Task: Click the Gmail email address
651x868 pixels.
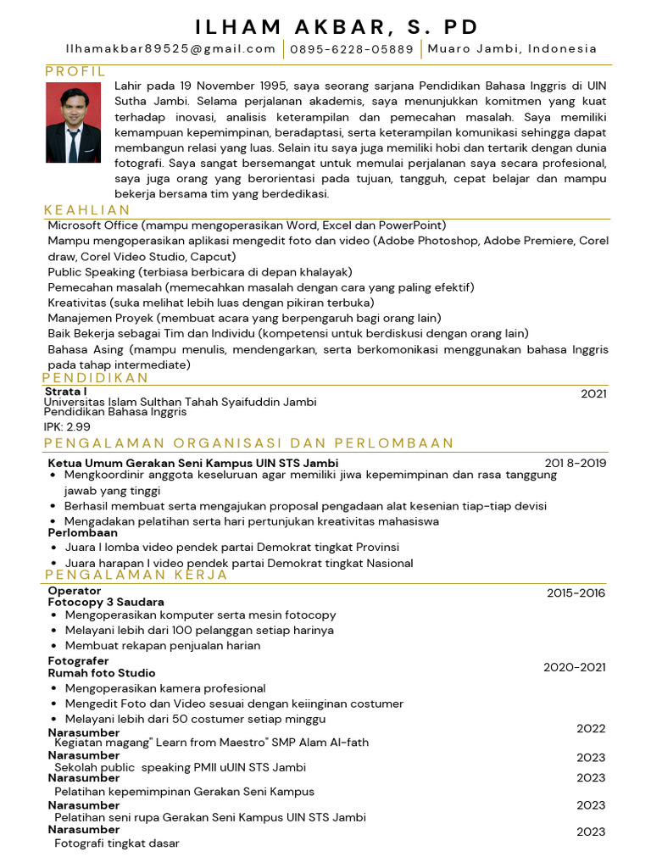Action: point(171,49)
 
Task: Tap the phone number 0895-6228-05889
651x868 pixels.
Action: point(352,49)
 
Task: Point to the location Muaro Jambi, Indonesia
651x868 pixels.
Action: point(512,48)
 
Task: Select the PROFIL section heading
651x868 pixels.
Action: point(75,71)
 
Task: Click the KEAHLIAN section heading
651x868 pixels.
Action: point(87,210)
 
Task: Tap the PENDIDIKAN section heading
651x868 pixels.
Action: point(96,378)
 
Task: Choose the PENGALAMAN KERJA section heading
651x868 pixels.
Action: point(136,576)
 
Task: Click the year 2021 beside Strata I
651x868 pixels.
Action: point(593,393)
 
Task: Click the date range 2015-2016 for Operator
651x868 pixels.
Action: point(576,593)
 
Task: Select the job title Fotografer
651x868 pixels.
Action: point(78,660)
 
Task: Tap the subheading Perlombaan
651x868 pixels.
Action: point(82,532)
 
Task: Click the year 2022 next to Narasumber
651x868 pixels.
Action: point(591,728)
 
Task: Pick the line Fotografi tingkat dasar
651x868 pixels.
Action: point(116,843)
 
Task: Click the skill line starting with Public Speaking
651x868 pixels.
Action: point(199,272)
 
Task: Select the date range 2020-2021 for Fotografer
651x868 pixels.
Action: point(574,667)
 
